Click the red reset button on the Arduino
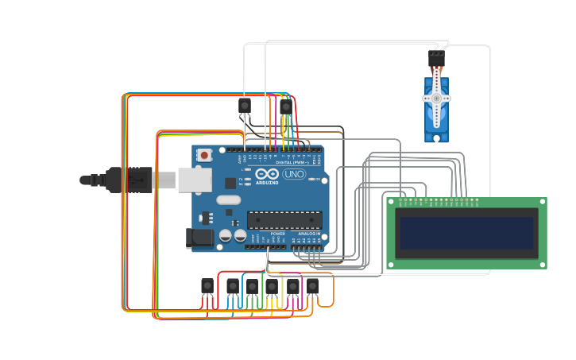204,155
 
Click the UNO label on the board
294,174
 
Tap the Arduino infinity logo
267,174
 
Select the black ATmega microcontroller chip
284,220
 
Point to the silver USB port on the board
194,180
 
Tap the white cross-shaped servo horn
436,99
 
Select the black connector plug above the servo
436,59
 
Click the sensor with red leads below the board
207,286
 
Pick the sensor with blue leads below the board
233,286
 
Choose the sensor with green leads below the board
252,286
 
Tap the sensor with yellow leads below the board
272,286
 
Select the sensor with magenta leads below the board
292,286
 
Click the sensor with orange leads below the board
312,285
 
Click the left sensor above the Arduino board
245,106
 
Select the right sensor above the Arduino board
286,106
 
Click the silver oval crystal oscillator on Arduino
227,200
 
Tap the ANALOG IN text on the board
309,234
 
